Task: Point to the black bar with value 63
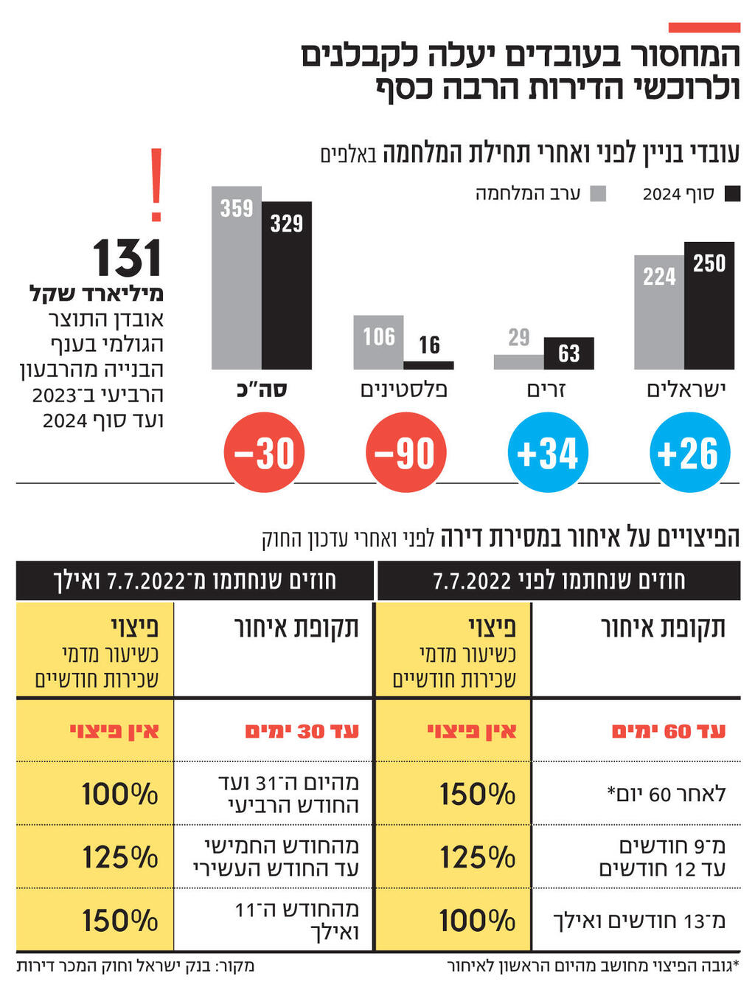point(568,353)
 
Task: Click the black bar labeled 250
point(709,305)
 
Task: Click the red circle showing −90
point(406,453)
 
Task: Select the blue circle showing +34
point(548,453)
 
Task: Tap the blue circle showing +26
point(689,453)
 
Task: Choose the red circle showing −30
point(264,453)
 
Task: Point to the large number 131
point(127,258)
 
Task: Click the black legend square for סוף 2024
point(732,194)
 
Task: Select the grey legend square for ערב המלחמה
point(599,194)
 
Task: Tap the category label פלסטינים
point(403,389)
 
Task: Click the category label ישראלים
point(686,389)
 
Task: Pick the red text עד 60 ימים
point(668,731)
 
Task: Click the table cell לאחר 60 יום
point(666,794)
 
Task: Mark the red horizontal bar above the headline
point(704,27)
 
